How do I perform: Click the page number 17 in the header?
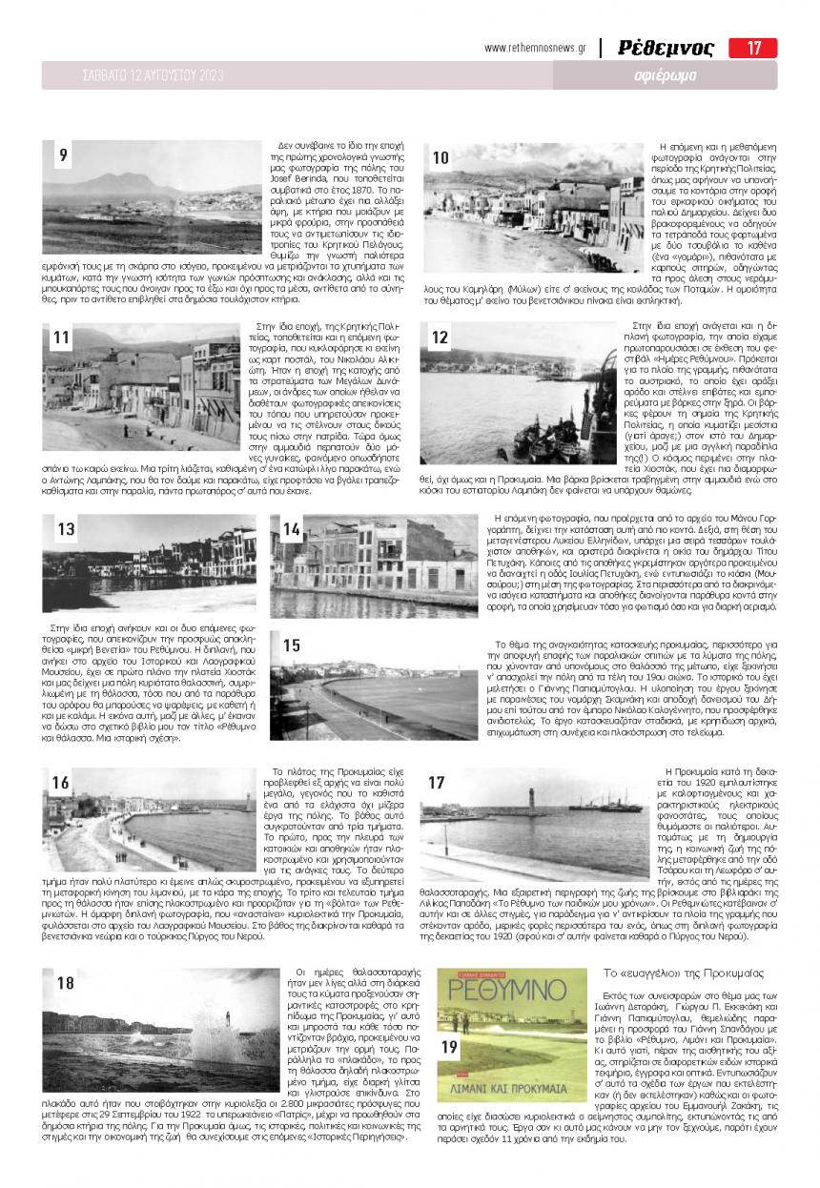(753, 48)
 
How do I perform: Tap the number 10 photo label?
(441, 157)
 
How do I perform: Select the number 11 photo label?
(62, 338)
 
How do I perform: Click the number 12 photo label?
(440, 338)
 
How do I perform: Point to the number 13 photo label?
(66, 529)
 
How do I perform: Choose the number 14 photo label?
(292, 529)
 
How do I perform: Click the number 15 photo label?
(292, 645)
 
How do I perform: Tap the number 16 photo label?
(62, 784)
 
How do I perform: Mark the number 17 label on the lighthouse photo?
(437, 784)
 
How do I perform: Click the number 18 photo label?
(66, 984)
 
